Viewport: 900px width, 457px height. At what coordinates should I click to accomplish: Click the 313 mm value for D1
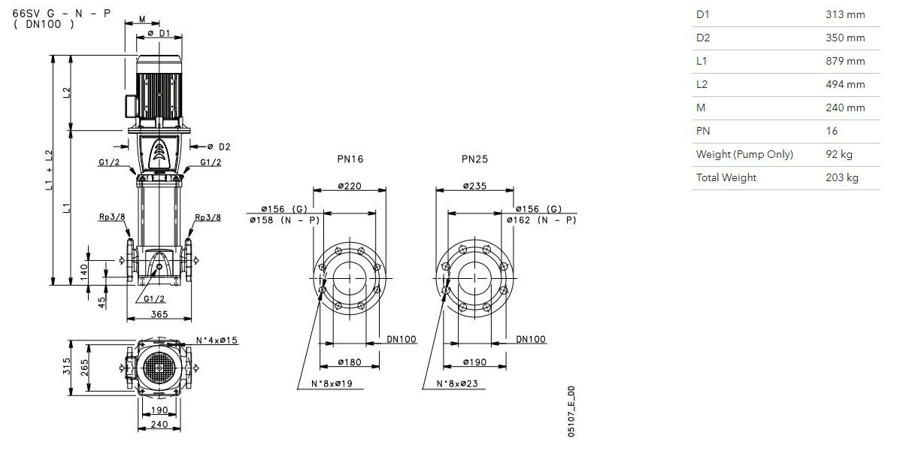point(845,14)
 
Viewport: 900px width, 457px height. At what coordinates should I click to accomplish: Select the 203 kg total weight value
point(842,177)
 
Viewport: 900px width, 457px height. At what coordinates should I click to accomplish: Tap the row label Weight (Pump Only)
point(744,154)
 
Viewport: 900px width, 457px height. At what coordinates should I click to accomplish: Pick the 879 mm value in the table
point(845,61)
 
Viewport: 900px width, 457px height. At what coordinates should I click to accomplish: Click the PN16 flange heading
point(350,159)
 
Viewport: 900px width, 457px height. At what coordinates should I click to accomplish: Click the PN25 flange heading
point(474,159)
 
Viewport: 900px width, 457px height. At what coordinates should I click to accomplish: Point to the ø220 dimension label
point(350,186)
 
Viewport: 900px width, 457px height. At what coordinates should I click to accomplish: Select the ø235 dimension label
point(474,186)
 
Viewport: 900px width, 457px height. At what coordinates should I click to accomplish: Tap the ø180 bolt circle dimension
point(350,362)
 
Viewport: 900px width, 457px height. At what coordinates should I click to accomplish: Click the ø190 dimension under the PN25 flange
point(474,362)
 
